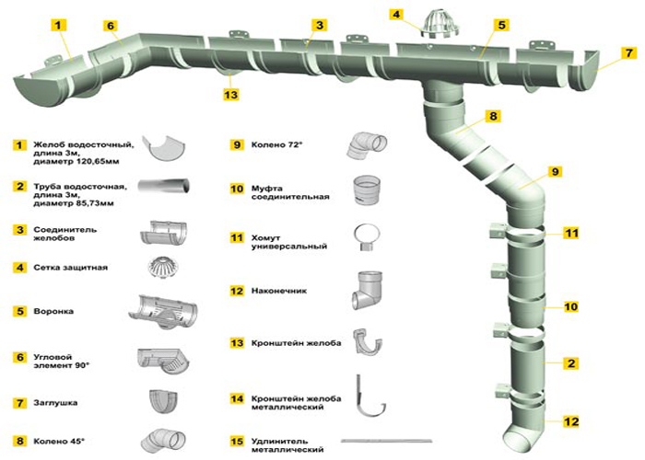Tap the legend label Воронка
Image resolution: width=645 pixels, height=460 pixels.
[54, 312]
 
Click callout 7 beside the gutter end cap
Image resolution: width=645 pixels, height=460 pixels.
[628, 52]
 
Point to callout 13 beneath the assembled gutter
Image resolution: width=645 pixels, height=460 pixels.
[230, 94]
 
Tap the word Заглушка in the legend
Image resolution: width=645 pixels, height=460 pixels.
[57, 402]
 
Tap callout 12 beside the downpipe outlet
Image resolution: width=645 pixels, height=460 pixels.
[571, 422]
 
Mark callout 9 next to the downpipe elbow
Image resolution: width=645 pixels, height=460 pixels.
[555, 172]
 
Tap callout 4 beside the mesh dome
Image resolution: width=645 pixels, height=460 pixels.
[396, 15]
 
